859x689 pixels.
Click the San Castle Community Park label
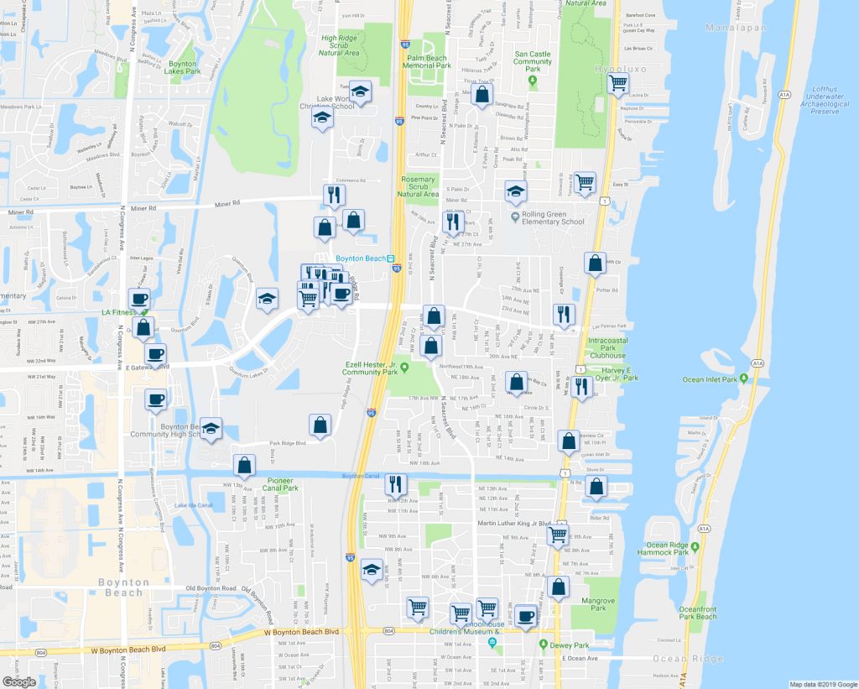(x=533, y=62)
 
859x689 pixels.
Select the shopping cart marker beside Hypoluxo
(x=618, y=84)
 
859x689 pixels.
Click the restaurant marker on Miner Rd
(x=334, y=196)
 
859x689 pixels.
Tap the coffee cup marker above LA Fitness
(x=138, y=298)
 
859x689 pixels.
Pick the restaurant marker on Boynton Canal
(x=396, y=483)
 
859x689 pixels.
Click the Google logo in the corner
(x=18, y=681)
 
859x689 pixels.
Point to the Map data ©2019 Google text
(x=823, y=684)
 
